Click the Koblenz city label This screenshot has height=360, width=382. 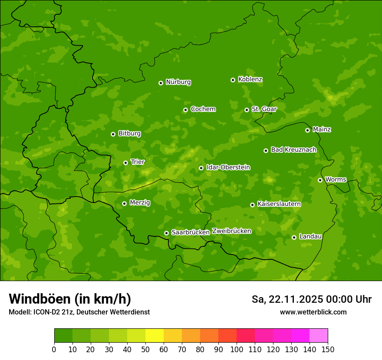click(250, 79)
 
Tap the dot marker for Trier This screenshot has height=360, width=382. click(125, 163)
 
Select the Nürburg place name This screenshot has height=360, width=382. click(178, 82)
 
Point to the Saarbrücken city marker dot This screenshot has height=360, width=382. click(166, 233)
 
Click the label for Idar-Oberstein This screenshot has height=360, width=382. click(228, 167)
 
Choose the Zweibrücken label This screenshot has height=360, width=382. click(231, 231)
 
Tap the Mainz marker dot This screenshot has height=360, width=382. click(307, 130)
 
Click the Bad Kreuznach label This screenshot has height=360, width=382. click(293, 150)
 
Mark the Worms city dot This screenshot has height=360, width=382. click(320, 180)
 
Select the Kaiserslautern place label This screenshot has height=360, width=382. click(279, 204)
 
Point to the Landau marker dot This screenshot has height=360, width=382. click(294, 237)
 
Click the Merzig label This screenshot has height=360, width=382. click(140, 203)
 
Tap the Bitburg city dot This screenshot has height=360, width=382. click(113, 134)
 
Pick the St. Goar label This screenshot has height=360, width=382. click(264, 109)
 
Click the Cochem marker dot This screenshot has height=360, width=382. click(185, 110)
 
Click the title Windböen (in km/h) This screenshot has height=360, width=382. click(70, 299)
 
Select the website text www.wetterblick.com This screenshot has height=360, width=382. click(313, 312)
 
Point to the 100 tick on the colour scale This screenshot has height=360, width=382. click(237, 349)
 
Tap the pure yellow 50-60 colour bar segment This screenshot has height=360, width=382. click(155, 336)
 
